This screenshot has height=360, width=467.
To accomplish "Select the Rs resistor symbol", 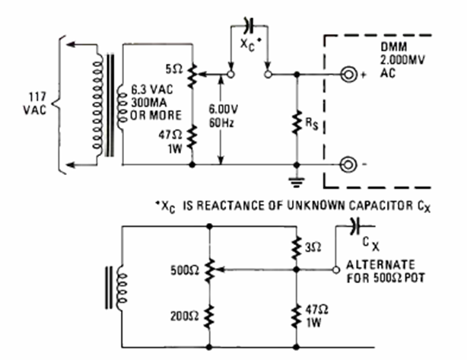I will tap(297, 119).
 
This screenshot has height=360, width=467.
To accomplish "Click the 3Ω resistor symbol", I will tap(296, 247).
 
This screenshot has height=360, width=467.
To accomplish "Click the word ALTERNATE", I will tap(379, 266).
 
